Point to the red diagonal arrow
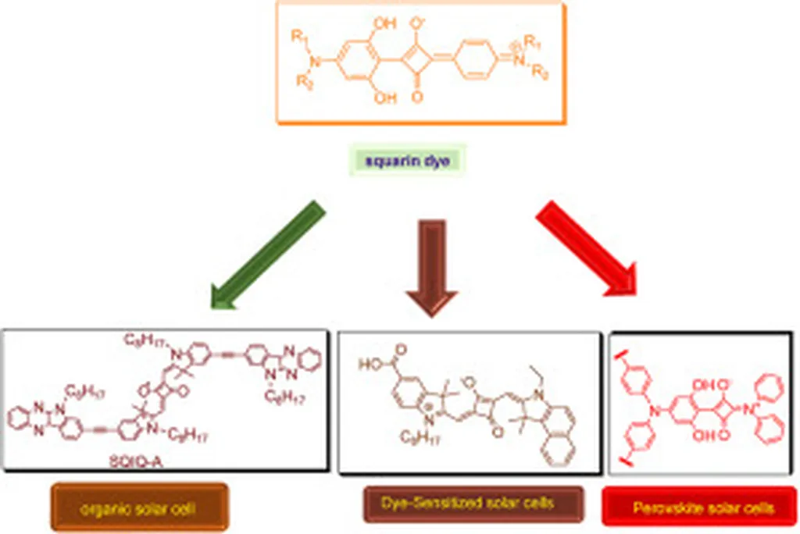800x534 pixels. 587,251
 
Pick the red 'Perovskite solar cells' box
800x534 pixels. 699,507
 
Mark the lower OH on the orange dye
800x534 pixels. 384,99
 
